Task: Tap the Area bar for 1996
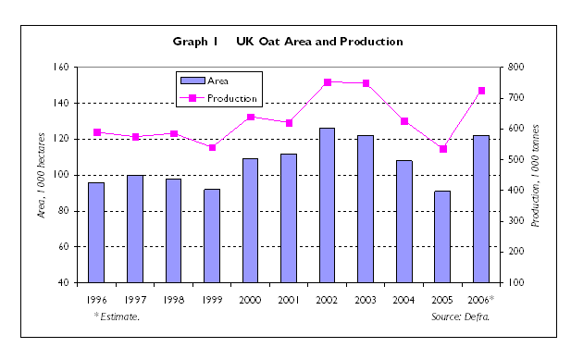tap(96, 232)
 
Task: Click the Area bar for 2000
tap(250, 220)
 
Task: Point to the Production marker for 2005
tap(443, 149)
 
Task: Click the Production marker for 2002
tap(328, 82)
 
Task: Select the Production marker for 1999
tap(212, 147)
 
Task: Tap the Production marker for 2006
tap(481, 91)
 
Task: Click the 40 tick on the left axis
tap(64, 282)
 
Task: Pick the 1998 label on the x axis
tap(173, 300)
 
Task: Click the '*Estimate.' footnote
tap(117, 317)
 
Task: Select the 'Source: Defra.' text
tap(460, 317)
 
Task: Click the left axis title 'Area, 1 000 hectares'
tap(41, 175)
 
